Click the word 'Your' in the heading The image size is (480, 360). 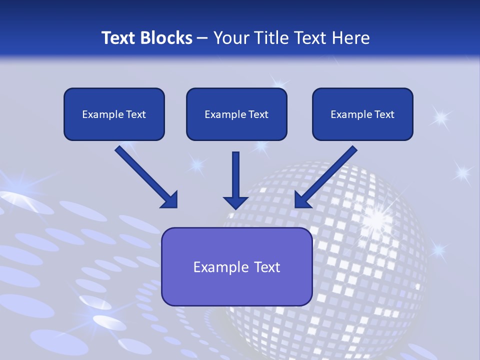point(231,38)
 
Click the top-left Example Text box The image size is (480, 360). point(114,114)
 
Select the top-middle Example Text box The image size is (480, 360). point(236,114)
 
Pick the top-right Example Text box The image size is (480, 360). point(362,114)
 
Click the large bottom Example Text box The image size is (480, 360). point(236,266)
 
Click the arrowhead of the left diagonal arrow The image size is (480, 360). point(169,199)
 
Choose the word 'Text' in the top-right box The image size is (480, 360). point(384,114)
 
